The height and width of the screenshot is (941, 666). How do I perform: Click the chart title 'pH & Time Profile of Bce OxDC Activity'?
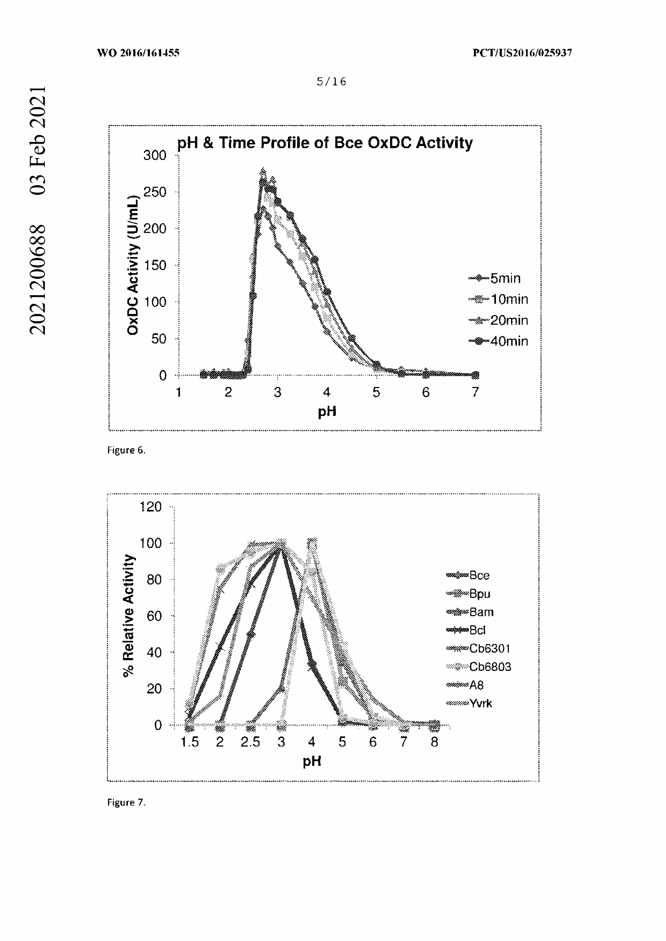(325, 143)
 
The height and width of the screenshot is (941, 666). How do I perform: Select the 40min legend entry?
(498, 341)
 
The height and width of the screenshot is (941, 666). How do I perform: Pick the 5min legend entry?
(495, 278)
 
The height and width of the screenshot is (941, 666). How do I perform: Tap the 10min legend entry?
(498, 299)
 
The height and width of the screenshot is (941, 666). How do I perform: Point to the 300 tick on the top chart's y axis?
(155, 155)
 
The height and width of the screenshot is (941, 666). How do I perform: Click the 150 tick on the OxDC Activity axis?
(155, 265)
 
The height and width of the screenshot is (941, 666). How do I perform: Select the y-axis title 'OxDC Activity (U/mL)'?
(133, 265)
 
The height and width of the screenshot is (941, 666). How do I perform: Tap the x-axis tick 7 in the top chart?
(475, 392)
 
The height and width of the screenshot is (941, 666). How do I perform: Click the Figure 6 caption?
(127, 450)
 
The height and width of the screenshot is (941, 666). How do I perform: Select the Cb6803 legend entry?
(479, 667)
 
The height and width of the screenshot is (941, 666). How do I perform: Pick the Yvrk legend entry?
(469, 703)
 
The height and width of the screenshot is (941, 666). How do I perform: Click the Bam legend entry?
(470, 612)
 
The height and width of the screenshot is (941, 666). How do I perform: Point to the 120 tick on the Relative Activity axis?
(151, 507)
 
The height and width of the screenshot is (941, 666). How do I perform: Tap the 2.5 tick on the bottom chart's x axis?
(250, 742)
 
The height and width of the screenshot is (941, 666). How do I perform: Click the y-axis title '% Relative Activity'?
(129, 616)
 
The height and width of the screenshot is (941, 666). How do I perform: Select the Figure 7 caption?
(127, 802)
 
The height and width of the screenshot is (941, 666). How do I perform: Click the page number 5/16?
(332, 82)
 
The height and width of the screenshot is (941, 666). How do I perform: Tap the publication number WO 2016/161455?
(138, 53)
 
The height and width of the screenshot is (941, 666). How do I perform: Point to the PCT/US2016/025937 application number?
(522, 53)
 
